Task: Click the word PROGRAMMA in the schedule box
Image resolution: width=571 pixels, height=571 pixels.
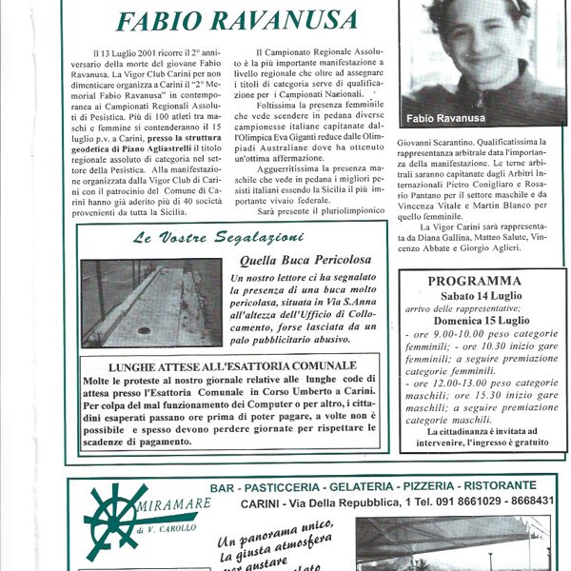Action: [x=474, y=282]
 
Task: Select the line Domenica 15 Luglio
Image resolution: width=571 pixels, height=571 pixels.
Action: [x=473, y=320]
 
